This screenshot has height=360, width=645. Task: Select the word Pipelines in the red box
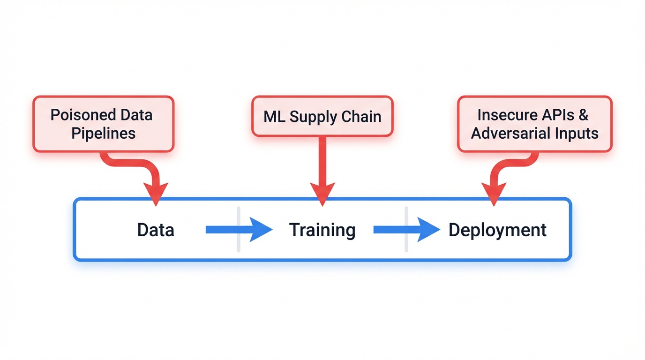click(x=104, y=133)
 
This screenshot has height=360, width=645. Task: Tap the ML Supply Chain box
click(x=322, y=116)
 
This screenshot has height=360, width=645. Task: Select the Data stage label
click(x=156, y=230)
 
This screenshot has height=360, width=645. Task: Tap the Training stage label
click(x=322, y=230)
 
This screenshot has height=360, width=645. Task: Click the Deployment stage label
click(x=497, y=230)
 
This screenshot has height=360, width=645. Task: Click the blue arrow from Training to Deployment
click(x=406, y=230)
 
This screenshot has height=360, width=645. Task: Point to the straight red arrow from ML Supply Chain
click(x=322, y=164)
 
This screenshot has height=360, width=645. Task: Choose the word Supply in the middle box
click(x=312, y=117)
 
